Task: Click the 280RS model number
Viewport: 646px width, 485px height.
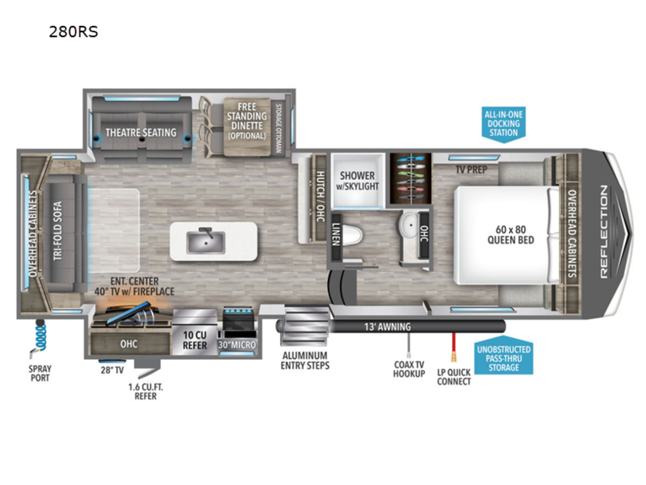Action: click(73, 32)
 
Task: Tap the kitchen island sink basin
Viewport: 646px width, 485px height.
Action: click(206, 242)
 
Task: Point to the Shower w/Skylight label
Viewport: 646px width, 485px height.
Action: click(357, 181)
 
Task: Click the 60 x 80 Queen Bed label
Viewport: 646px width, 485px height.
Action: click(511, 235)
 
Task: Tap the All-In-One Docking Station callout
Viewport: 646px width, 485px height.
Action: click(503, 124)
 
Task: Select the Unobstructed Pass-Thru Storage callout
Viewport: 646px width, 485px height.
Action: click(503, 356)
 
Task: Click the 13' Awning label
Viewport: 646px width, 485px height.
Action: click(387, 327)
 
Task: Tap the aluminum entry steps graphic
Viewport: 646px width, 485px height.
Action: click(305, 325)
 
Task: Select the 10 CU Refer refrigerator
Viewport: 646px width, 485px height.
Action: click(194, 331)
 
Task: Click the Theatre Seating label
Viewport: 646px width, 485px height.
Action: click(141, 133)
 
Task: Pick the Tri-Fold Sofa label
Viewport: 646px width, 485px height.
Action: click(58, 231)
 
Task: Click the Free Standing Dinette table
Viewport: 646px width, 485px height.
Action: click(247, 127)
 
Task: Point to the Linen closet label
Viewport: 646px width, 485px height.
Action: click(336, 234)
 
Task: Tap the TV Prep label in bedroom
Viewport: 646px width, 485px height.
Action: click(471, 169)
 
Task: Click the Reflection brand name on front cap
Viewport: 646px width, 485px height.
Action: click(603, 232)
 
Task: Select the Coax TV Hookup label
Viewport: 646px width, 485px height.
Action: click(409, 369)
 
